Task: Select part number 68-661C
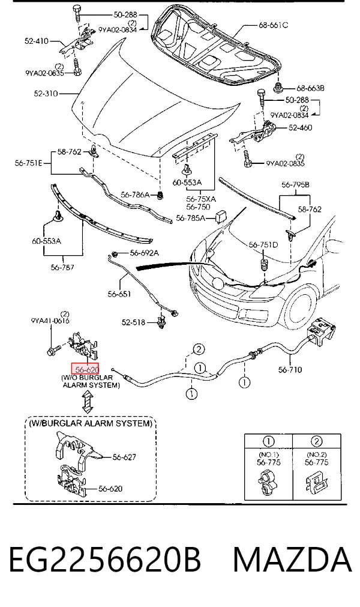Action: [273, 26]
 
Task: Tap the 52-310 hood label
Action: [46, 93]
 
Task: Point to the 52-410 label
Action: [37, 41]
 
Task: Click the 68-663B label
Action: [310, 88]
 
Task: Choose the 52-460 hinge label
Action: [300, 127]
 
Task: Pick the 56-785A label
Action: [190, 218]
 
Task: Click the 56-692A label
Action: [144, 253]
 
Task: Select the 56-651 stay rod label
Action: [119, 294]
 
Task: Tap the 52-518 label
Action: [133, 322]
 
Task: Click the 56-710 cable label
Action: [290, 370]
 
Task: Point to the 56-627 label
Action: [124, 457]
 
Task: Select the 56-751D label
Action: [263, 244]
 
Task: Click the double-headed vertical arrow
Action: [88, 402]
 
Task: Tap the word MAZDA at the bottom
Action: [293, 560]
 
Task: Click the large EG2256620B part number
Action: [105, 560]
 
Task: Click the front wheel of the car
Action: [305, 307]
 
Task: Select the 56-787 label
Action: [62, 267]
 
